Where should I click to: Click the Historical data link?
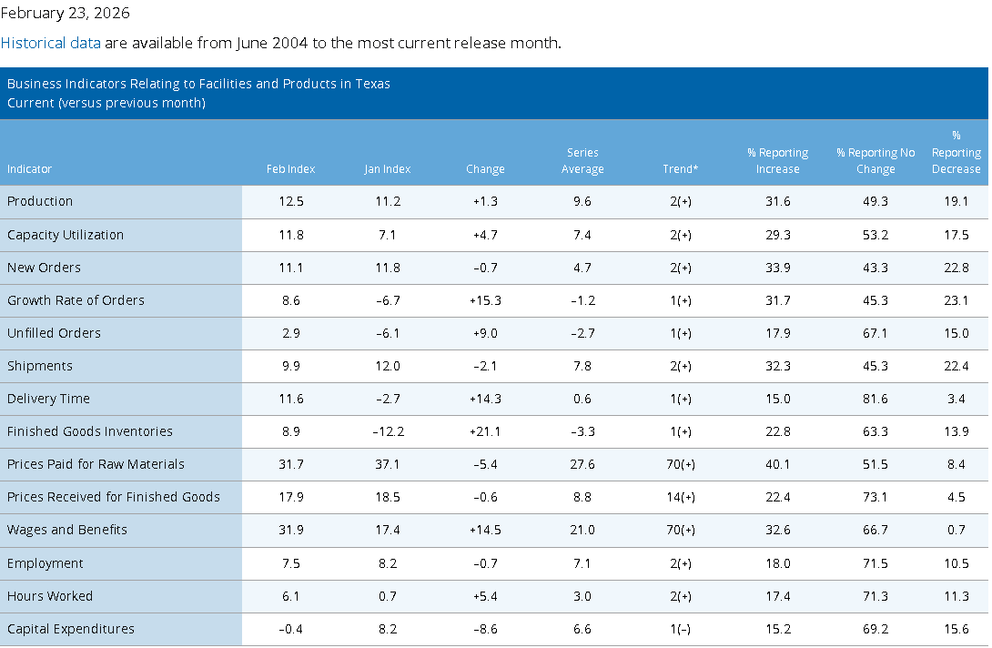pyautogui.click(x=51, y=43)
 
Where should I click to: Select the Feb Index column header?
pyautogui.click(x=290, y=169)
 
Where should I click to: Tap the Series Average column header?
pyautogui.click(x=582, y=161)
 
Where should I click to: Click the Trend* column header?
pyautogui.click(x=680, y=169)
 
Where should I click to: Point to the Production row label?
pyautogui.click(x=40, y=201)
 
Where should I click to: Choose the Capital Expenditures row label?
pyautogui.click(x=71, y=629)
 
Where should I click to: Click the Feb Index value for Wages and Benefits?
pyautogui.click(x=291, y=530)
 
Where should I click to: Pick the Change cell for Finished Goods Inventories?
pyautogui.click(x=485, y=431)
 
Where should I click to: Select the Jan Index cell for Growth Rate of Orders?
pyautogui.click(x=387, y=300)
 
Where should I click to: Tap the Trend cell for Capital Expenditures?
pyautogui.click(x=680, y=629)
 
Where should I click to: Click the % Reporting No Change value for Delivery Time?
pyautogui.click(x=876, y=399)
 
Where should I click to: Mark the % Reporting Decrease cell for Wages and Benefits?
pyautogui.click(x=957, y=530)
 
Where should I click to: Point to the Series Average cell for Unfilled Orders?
pyautogui.click(x=582, y=333)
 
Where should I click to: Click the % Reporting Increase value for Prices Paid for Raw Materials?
pyautogui.click(x=777, y=464)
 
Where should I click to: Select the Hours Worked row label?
pyautogui.click(x=50, y=596)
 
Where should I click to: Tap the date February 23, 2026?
pyautogui.click(x=66, y=14)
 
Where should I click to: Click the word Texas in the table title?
pyautogui.click(x=372, y=84)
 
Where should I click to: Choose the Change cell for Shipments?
pyautogui.click(x=485, y=367)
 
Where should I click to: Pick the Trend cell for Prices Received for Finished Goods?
pyautogui.click(x=680, y=498)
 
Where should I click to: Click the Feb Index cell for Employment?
pyautogui.click(x=291, y=563)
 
